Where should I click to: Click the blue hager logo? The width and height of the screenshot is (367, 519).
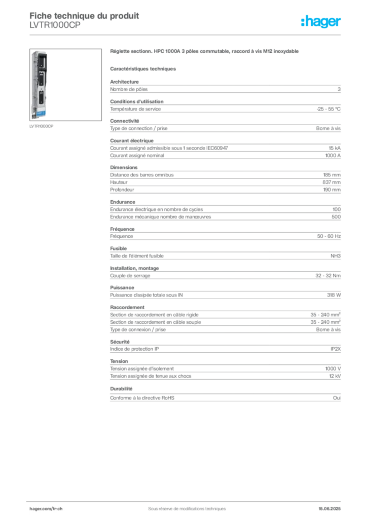(321, 22)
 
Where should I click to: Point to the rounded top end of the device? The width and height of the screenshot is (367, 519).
(40, 51)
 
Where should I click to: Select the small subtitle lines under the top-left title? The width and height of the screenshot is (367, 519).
(53, 28)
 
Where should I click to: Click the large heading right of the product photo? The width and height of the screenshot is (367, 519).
(204, 52)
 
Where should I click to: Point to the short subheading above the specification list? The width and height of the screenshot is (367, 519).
(143, 68)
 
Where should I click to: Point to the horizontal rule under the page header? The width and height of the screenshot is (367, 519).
(186, 34)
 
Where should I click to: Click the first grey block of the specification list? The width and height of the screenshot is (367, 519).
(225, 89)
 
